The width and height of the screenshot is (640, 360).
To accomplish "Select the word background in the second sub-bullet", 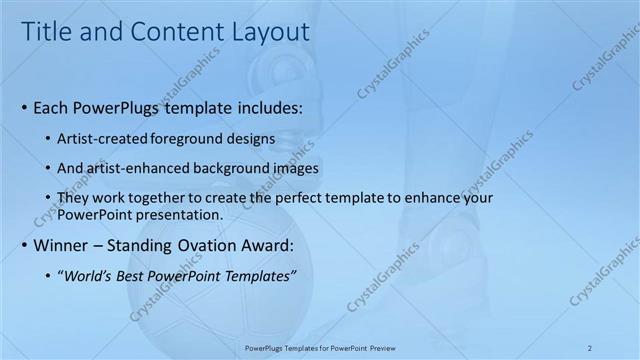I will point(241,168).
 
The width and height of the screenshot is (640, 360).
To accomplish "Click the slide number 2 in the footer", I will point(590,347).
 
